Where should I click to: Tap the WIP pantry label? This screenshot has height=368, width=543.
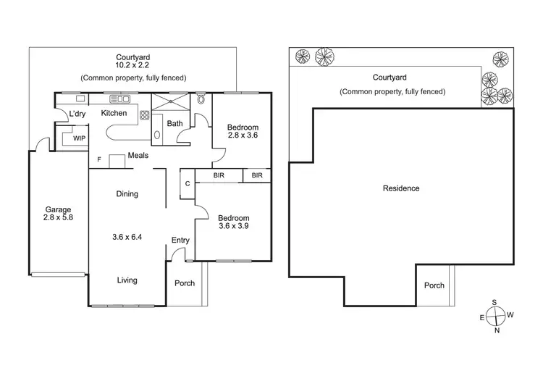pyautogui.click(x=78, y=138)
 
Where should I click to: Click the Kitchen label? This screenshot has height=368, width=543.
pyautogui.click(x=114, y=113)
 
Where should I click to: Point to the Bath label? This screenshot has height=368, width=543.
pyautogui.click(x=174, y=123)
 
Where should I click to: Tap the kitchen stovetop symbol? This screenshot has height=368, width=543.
pyautogui.click(x=144, y=114)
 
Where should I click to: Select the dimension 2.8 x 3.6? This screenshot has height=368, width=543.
pyautogui.click(x=243, y=135)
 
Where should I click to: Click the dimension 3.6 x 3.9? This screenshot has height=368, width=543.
pyautogui.click(x=234, y=227)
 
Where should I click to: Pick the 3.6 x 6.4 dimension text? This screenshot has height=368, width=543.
pyautogui.click(x=127, y=236)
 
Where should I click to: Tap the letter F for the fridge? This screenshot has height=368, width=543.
pyautogui.click(x=99, y=159)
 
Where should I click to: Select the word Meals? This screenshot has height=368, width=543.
pyautogui.click(x=138, y=155)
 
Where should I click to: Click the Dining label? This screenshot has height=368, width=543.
pyautogui.click(x=127, y=194)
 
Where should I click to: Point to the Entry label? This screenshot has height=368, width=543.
pyautogui.click(x=180, y=241)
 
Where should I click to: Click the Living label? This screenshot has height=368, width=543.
pyautogui.click(x=127, y=280)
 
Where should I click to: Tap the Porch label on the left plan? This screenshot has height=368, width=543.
pyautogui.click(x=185, y=283)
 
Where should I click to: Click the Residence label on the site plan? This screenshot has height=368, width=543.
pyautogui.click(x=401, y=188)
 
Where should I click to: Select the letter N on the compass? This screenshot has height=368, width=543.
pyautogui.click(x=496, y=331)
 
